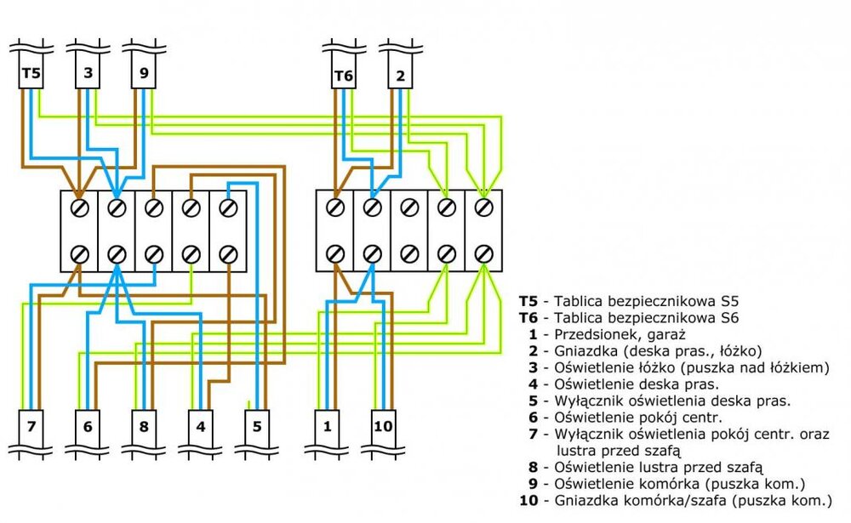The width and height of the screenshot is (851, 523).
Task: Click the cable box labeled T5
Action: click(31, 75)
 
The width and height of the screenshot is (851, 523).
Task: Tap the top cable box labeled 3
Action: click(88, 75)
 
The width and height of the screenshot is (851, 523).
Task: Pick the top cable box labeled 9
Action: click(144, 75)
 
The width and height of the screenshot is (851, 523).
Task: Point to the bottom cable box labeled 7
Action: click(31, 425)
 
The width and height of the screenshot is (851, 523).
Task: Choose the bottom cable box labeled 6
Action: click(88, 425)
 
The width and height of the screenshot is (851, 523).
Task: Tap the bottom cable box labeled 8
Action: click(144, 425)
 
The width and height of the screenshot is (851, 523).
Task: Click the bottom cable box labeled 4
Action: click(200, 425)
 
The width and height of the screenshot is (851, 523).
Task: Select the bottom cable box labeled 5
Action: click(256, 425)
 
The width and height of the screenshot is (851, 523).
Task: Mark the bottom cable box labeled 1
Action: click(328, 425)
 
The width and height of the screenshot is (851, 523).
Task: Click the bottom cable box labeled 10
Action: click(384, 425)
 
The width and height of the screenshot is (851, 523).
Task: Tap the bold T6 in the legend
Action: click(528, 318)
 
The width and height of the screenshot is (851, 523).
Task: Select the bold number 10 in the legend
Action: click(528, 499)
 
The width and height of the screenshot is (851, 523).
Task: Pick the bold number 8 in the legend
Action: click(534, 466)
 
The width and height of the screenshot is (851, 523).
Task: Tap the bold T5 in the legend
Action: click(528, 301)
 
